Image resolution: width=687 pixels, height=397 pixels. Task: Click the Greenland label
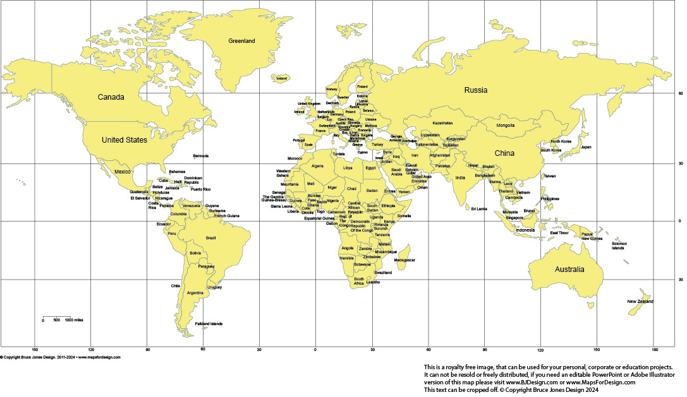[x=241, y=41]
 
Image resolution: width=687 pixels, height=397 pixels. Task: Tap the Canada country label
[x=111, y=97]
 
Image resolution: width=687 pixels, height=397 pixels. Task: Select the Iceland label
[x=282, y=78]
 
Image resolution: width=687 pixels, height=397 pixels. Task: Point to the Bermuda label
[x=201, y=155]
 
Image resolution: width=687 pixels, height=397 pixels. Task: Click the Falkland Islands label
[x=209, y=324]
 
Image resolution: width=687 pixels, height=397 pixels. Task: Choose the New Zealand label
[x=640, y=302]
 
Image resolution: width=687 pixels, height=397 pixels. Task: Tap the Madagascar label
[x=404, y=260]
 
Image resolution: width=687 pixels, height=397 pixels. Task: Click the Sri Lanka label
[x=479, y=208]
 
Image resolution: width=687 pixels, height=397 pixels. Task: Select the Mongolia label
[x=506, y=125]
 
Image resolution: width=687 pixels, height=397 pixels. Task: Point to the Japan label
[x=586, y=147]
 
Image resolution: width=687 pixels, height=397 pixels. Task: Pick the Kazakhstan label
[x=442, y=122]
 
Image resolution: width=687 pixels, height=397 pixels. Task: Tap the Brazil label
[x=211, y=237]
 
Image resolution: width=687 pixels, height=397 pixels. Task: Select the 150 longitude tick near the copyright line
[x=35, y=350]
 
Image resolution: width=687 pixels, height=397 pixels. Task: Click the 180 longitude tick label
[x=654, y=350]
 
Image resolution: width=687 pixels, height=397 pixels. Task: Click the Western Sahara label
[x=283, y=173]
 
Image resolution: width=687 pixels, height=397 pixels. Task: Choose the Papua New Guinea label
[x=592, y=236]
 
